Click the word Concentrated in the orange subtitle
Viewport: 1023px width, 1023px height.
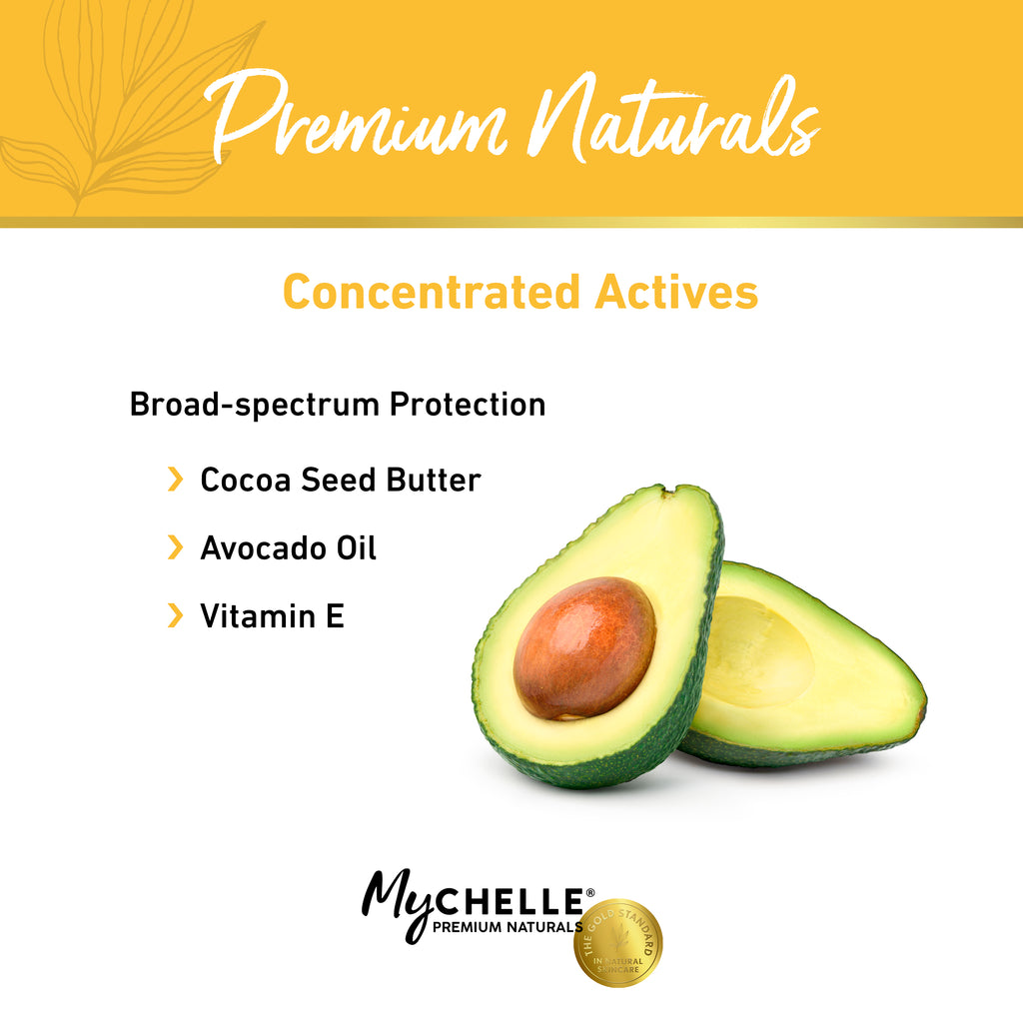click(431, 292)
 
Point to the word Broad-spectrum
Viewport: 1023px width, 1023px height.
click(255, 405)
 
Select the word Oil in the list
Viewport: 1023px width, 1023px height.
click(356, 547)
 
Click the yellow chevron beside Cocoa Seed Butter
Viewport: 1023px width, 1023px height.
click(176, 480)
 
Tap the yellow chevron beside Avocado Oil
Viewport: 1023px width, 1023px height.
click(176, 547)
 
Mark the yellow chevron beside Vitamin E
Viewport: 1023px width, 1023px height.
click(176, 615)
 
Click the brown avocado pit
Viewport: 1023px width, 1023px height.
click(584, 647)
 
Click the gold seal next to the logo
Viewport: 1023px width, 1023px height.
click(617, 943)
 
